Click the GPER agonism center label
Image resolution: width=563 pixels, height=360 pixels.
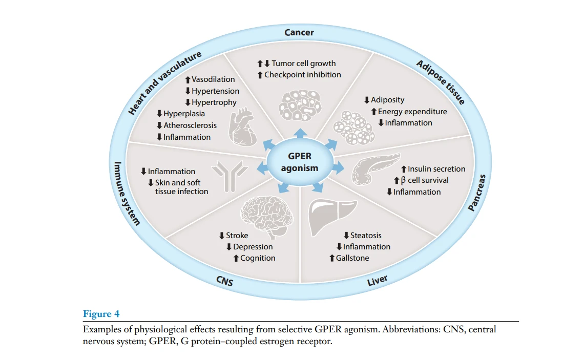tap(300, 162)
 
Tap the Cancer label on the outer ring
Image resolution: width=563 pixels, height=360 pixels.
tap(299, 32)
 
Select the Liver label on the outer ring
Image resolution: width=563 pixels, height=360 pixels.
tap(378, 280)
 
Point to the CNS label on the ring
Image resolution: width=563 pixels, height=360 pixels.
tap(225, 281)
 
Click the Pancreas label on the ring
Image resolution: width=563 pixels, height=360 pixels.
tap(477, 193)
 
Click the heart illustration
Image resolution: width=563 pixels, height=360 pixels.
tap(243, 127)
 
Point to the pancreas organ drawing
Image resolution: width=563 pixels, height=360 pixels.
tap(375, 168)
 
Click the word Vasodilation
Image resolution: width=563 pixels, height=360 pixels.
tap(213, 79)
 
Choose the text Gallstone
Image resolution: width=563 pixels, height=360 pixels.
tap(352, 258)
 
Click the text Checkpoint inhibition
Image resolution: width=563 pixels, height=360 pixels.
tap(303, 75)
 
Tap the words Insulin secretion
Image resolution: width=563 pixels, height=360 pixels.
tap(436, 168)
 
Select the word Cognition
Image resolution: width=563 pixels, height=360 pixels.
tap(258, 258)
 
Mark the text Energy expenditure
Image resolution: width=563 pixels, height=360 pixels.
tap(412, 112)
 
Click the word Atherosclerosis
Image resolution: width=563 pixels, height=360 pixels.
tap(190, 125)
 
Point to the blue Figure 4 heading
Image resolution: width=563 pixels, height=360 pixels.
tap(101, 314)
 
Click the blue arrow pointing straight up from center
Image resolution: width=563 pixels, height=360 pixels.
tap(300, 133)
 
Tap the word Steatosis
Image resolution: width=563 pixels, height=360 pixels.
tap(366, 236)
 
